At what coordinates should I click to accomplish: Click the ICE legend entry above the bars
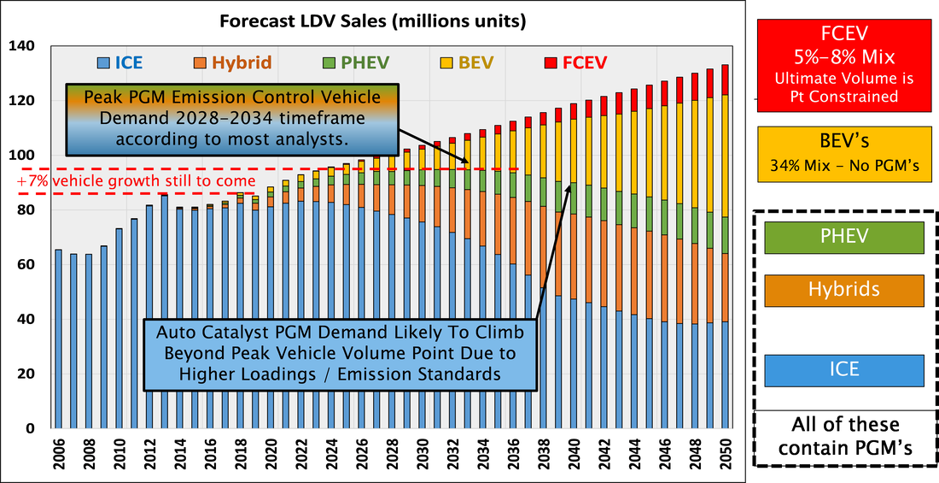(x=120, y=62)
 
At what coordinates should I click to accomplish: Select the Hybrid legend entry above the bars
(x=233, y=62)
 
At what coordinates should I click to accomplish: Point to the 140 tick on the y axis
(x=29, y=46)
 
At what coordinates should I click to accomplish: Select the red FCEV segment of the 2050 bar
(x=726, y=80)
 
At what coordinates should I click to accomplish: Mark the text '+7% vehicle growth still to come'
(x=136, y=181)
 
